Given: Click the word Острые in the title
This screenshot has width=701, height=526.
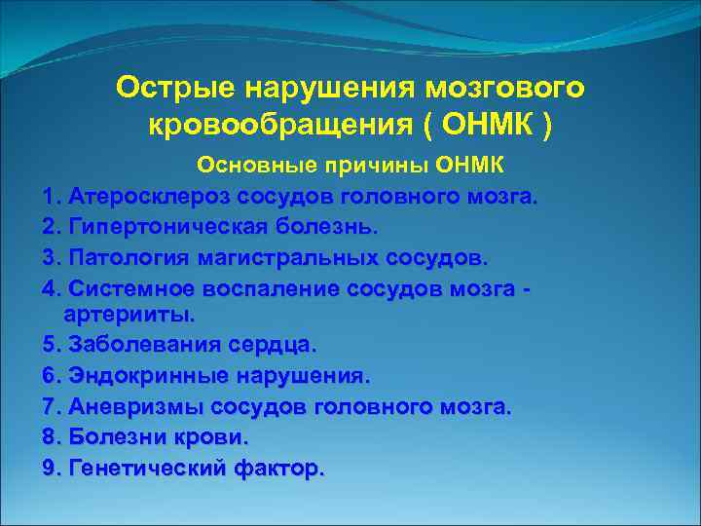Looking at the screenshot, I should pyautogui.click(x=176, y=89).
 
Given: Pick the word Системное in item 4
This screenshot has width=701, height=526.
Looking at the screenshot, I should pyautogui.click(x=131, y=288).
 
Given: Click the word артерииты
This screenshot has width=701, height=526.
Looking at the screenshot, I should pyautogui.click(x=129, y=315).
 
